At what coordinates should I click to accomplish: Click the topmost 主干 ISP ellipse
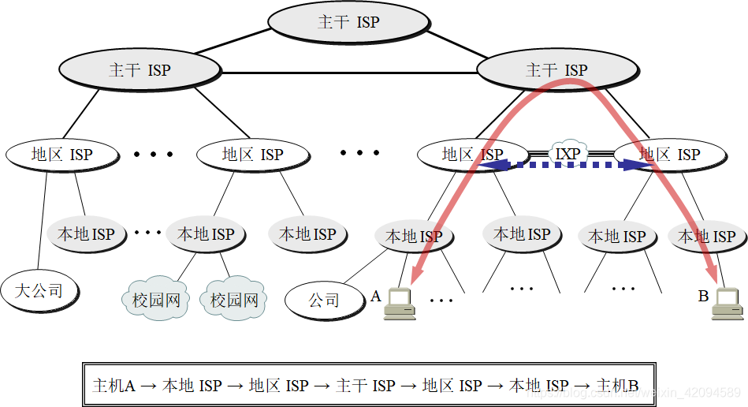click(348, 22)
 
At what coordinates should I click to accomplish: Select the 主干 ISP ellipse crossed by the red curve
click(556, 70)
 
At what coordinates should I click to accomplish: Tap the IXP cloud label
click(568, 154)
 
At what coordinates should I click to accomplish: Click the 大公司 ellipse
click(40, 290)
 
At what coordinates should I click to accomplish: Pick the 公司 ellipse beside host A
click(323, 300)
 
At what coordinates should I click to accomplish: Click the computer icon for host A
click(400, 303)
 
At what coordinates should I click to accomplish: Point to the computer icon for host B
click(728, 304)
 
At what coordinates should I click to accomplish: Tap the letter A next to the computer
click(376, 297)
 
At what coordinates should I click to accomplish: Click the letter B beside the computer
click(703, 297)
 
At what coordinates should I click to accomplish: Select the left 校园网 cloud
click(155, 300)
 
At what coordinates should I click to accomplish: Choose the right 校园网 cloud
click(234, 300)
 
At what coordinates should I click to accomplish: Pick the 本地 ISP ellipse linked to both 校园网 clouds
click(206, 234)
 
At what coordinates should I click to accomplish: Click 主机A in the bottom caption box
click(114, 386)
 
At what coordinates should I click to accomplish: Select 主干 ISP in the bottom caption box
click(365, 386)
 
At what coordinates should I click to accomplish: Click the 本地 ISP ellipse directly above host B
click(706, 236)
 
